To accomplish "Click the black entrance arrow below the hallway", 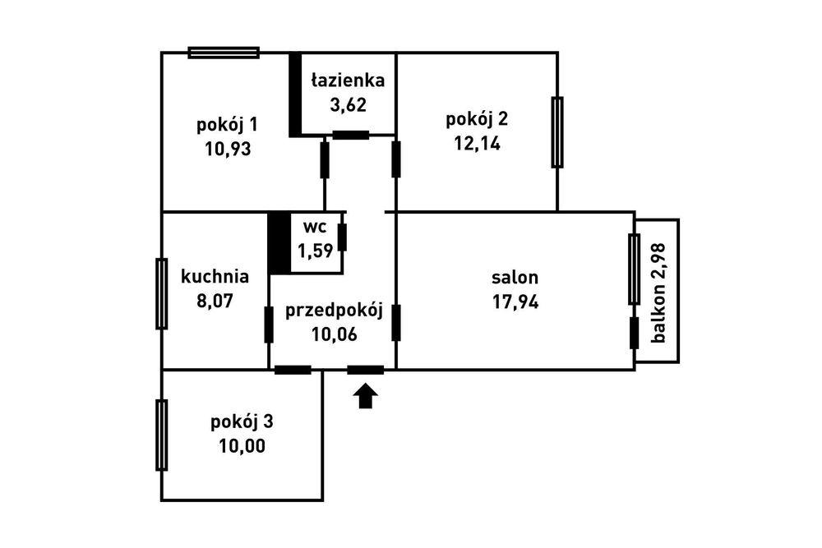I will pyautogui.click(x=366, y=398).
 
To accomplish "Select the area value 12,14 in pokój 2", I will pyautogui.click(x=477, y=143).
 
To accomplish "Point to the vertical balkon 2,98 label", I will pyautogui.click(x=658, y=292).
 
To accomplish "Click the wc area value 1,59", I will pyautogui.click(x=316, y=251).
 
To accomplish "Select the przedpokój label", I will pyautogui.click(x=335, y=310).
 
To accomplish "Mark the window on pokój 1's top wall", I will pyautogui.click(x=224, y=53).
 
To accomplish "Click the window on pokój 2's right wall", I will pyautogui.click(x=557, y=132).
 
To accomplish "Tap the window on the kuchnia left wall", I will pyautogui.click(x=162, y=293).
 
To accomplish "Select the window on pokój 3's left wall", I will pyautogui.click(x=162, y=435).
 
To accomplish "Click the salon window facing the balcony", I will pyautogui.click(x=634, y=269).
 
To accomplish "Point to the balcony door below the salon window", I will pyautogui.click(x=634, y=333).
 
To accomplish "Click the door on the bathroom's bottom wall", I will pyautogui.click(x=351, y=136).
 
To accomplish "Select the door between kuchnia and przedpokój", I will pyautogui.click(x=269, y=324).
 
